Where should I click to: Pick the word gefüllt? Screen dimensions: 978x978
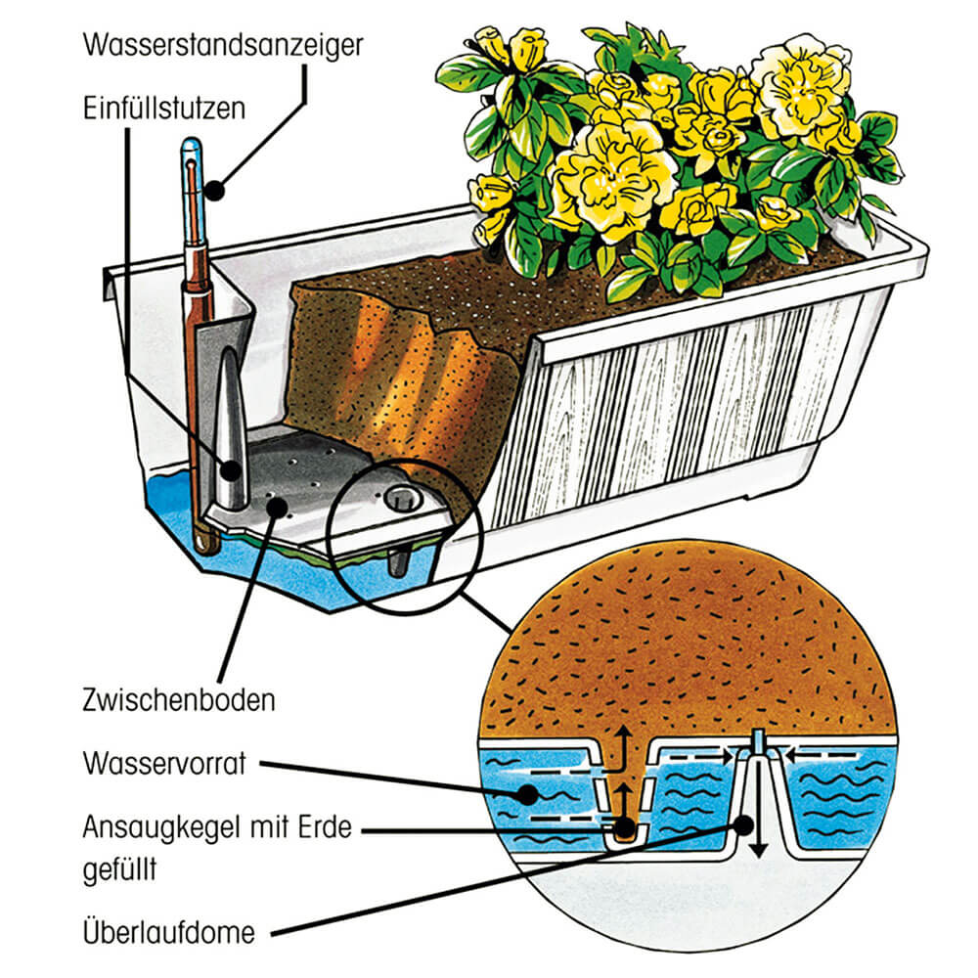point(119,867)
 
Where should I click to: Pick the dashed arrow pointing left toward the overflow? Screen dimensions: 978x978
point(812,754)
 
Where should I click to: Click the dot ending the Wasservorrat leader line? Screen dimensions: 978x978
point(530,794)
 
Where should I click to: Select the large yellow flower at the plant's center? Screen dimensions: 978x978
point(599,180)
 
